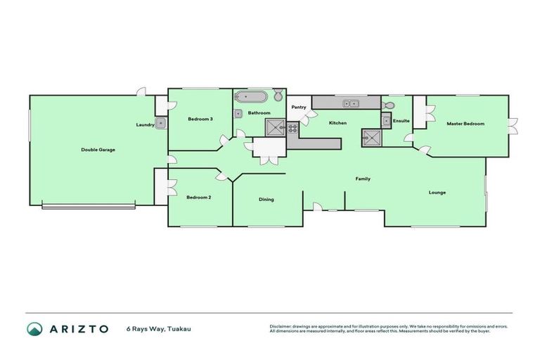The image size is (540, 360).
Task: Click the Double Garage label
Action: [98, 150]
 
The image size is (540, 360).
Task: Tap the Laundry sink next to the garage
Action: [161, 124]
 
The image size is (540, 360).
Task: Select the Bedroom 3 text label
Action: [200, 120]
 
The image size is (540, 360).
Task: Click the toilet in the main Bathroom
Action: [278, 96]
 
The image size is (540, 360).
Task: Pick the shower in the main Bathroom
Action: [274, 127]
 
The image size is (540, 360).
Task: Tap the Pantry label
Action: [298, 108]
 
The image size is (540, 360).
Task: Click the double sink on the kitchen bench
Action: [349, 104]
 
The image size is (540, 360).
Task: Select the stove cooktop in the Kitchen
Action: [371, 138]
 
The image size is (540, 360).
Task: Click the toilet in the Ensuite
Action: [388, 105]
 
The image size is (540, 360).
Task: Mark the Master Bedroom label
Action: [465, 124]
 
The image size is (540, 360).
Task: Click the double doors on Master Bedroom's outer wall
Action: [513, 126]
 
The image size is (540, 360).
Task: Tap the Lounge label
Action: [437, 192]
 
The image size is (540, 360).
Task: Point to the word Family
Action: [362, 179]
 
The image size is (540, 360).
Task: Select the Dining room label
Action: [266, 200]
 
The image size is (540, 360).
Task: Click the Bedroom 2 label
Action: [199, 198]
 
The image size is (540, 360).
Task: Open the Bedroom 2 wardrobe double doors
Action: [171, 186]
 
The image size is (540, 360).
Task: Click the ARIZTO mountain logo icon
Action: [34, 328]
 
